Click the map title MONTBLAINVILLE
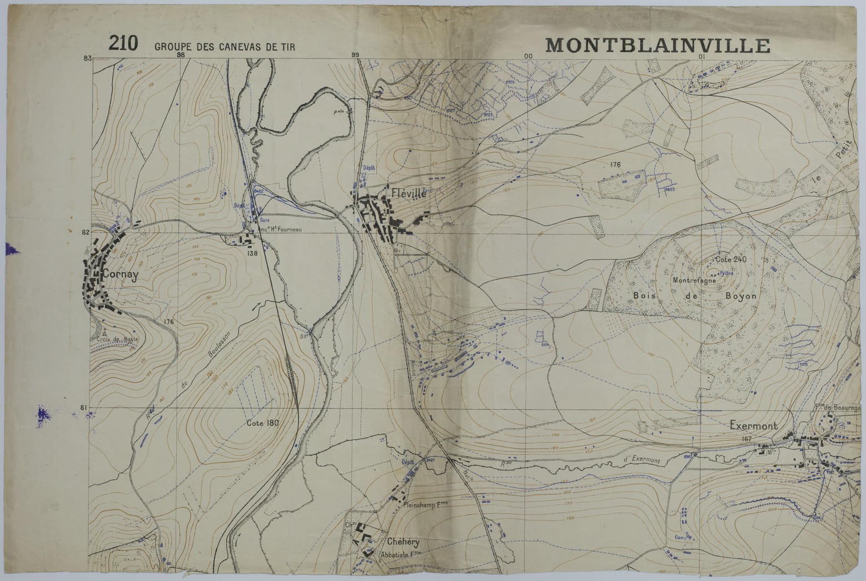point(658,44)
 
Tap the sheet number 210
point(123,43)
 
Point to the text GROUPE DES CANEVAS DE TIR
point(224,47)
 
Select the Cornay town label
point(119,274)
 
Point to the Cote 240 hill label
point(731,259)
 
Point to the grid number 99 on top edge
point(356,54)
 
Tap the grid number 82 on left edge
point(85,232)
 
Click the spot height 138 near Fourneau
point(253,253)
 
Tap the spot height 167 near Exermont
point(746,439)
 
